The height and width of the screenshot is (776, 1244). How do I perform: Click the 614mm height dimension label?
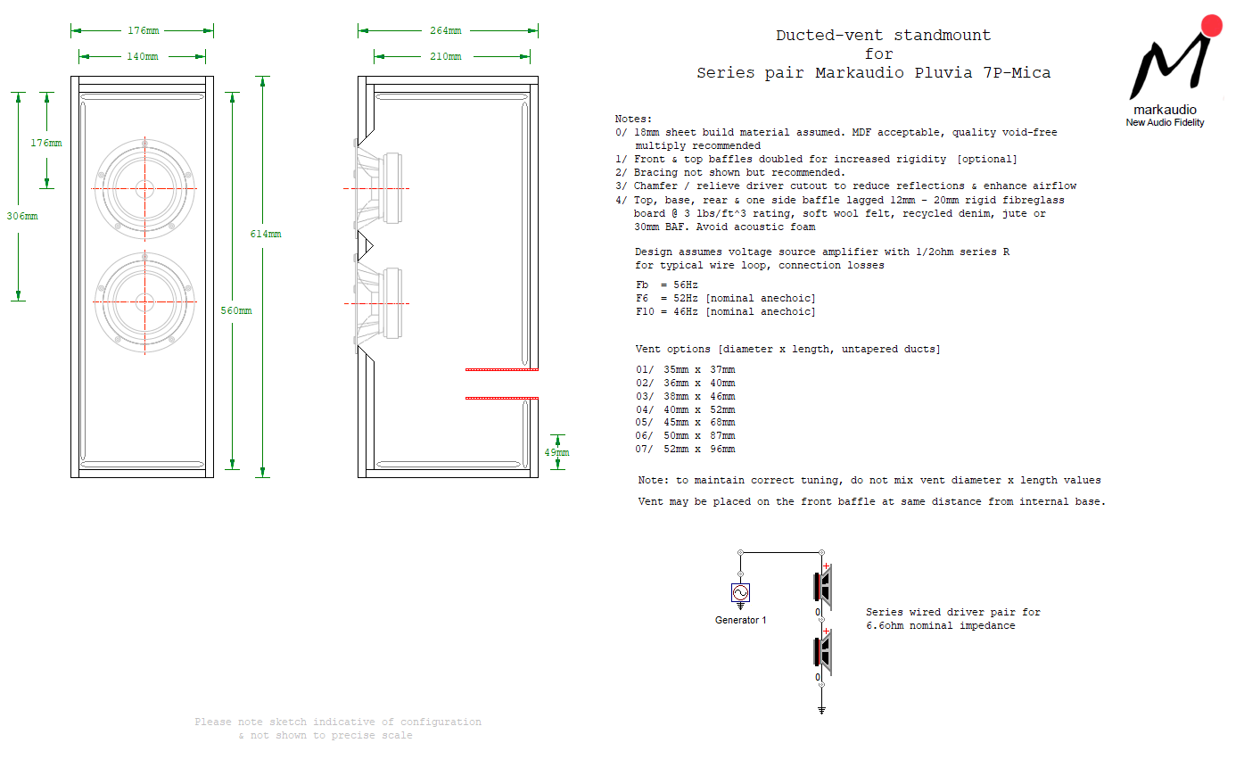tap(265, 234)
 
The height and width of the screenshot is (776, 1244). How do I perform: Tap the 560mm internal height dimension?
tap(236, 310)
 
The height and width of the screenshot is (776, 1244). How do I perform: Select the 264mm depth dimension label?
tap(446, 30)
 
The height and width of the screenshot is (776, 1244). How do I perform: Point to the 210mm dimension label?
tap(446, 56)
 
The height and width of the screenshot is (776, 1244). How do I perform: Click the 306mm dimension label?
tap(22, 216)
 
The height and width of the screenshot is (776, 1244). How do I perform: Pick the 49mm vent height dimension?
tap(556, 452)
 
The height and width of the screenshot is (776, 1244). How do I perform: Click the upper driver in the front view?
tap(144, 188)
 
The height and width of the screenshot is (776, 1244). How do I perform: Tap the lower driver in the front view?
tap(144, 302)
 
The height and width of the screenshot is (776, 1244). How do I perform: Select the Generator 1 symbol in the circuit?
tap(740, 593)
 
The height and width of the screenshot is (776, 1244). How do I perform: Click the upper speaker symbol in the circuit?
tap(823, 587)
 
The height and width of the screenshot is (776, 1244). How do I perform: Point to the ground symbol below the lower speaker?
tap(821, 710)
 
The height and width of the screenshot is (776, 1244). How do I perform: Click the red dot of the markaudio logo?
tap(1211, 26)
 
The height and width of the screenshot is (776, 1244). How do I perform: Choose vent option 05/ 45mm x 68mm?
tap(685, 423)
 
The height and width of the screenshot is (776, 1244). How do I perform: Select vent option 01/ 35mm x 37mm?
tap(685, 369)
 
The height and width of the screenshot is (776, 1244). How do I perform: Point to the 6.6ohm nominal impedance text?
tap(940, 626)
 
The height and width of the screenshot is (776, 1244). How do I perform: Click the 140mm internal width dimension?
tap(143, 56)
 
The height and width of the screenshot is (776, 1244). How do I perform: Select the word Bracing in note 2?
tap(655, 172)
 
